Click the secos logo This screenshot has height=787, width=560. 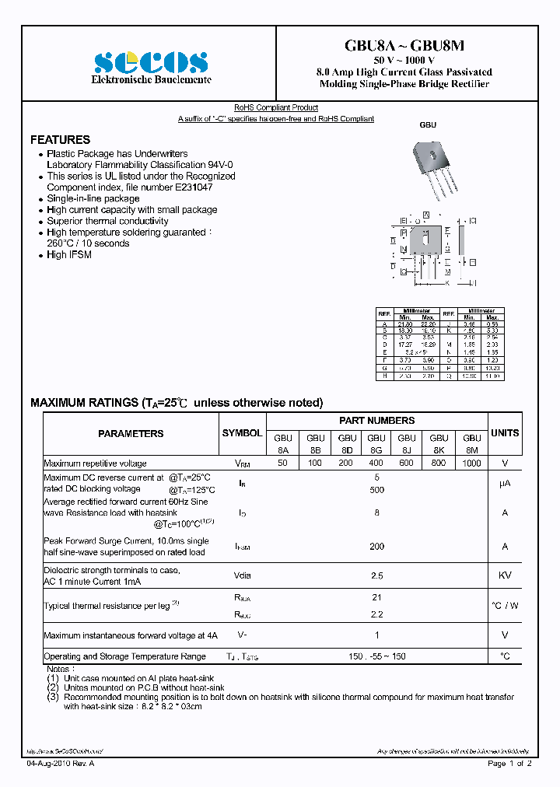click(151, 62)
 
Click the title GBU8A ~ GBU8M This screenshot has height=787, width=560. click(404, 47)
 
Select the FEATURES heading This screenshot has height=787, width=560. click(60, 140)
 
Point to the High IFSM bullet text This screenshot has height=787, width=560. click(68, 255)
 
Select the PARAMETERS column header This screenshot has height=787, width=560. click(131, 434)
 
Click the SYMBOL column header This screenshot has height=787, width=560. click(243, 432)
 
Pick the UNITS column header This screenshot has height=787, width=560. click(505, 432)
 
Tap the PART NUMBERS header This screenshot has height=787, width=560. click(376, 421)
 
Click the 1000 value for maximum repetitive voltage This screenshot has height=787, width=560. click(471, 463)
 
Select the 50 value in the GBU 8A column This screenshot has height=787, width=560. click(282, 463)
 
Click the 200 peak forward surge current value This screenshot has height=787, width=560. click(376, 547)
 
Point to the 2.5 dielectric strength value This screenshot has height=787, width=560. click(376, 575)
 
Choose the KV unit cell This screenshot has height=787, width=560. click(505, 575)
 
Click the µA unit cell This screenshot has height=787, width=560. click(505, 484)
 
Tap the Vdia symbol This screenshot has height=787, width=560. click(243, 575)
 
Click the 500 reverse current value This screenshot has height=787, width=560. click(376, 490)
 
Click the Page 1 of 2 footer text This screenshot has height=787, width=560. click(509, 764)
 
